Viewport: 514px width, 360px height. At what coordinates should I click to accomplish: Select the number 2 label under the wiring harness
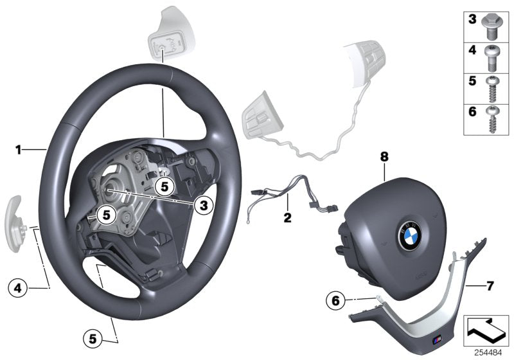click(287, 217)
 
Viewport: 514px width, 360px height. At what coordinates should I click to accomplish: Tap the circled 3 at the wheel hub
click(202, 205)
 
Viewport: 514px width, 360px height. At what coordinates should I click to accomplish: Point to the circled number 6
click(334, 300)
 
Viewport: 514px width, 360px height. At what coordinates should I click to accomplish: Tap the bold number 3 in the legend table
click(472, 21)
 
